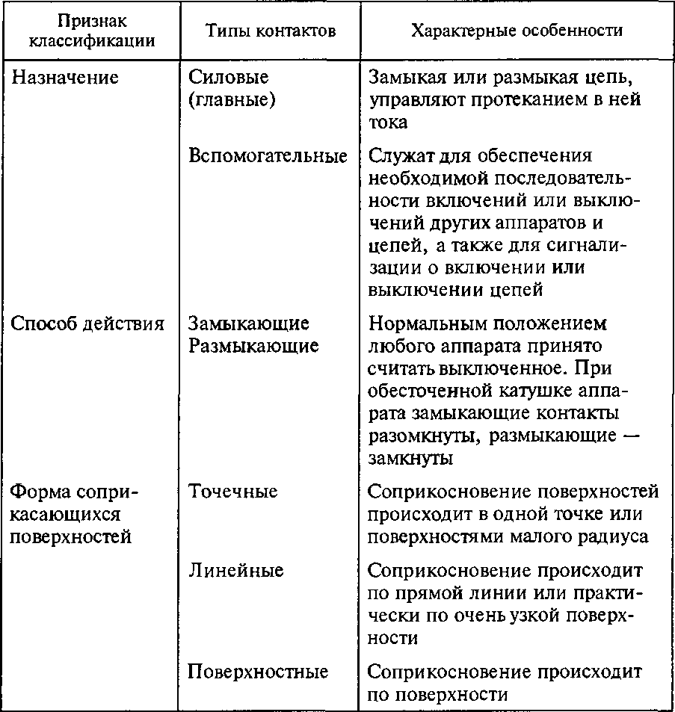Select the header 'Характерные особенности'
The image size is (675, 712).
(517, 31)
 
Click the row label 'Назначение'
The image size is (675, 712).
(66, 78)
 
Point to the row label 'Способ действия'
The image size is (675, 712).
(87, 324)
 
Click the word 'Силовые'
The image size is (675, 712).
(228, 78)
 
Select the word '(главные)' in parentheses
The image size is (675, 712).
(232, 100)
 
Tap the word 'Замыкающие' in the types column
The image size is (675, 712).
(248, 324)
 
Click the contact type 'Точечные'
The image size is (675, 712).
(232, 492)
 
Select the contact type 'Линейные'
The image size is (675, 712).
(235, 571)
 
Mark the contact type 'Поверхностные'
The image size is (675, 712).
(258, 672)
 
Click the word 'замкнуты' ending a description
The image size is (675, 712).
(410, 459)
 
